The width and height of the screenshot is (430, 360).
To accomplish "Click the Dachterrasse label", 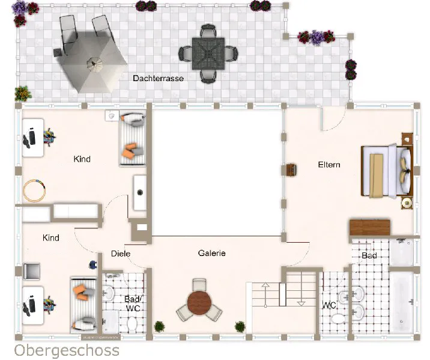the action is pyautogui.click(x=158, y=78).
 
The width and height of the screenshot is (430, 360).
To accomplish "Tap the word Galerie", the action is pyautogui.click(x=212, y=253).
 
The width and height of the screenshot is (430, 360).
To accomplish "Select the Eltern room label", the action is pyautogui.click(x=329, y=165).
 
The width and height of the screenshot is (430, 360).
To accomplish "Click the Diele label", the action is pyautogui.click(x=121, y=254).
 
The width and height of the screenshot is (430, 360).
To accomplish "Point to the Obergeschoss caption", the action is pyautogui.click(x=67, y=350).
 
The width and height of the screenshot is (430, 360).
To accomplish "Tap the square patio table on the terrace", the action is pyautogui.click(x=208, y=53).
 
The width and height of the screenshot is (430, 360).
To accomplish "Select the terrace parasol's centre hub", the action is pyautogui.click(x=95, y=64).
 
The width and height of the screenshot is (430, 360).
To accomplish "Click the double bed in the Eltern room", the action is pyautogui.click(x=387, y=171).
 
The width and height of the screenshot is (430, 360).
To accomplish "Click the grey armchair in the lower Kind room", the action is pyautogui.click(x=32, y=271).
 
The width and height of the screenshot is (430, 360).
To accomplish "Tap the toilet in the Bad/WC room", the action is pyautogui.click(x=132, y=325).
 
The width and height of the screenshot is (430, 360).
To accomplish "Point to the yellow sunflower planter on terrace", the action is pyautogui.click(x=23, y=94).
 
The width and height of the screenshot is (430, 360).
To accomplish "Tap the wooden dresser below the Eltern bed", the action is pyautogui.click(x=370, y=227).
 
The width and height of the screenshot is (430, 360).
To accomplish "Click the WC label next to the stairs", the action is pyautogui.click(x=329, y=305).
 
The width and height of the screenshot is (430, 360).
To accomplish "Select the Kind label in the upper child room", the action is pyautogui.click(x=82, y=159).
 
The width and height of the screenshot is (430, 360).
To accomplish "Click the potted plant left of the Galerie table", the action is pyautogui.click(x=159, y=326).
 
